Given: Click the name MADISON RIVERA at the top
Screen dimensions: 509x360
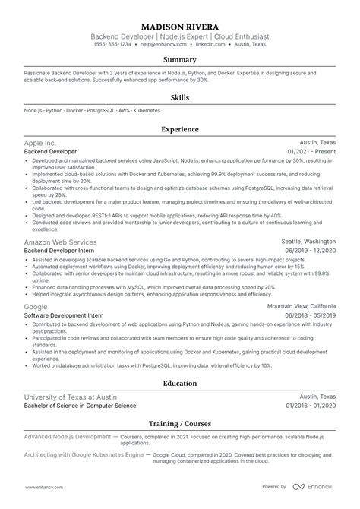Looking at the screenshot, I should pyautogui.click(x=180, y=24).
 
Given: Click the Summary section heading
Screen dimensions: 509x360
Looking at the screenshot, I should pyautogui.click(x=180, y=59).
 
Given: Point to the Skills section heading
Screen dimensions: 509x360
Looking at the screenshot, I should pyautogui.click(x=180, y=97).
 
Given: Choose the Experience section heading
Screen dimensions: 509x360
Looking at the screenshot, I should pyautogui.click(x=180, y=130).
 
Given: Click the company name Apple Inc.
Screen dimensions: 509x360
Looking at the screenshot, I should pyautogui.click(x=40, y=142).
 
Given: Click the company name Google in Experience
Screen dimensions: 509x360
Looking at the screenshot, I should pyautogui.click(x=36, y=306).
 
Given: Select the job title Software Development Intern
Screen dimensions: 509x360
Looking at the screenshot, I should pyautogui.click(x=63, y=315).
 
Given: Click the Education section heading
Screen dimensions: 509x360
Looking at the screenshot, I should pyautogui.click(x=180, y=384).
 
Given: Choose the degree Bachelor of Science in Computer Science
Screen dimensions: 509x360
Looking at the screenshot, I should pyautogui.click(x=81, y=406).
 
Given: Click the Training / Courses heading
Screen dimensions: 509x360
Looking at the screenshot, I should pyautogui.click(x=180, y=423).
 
